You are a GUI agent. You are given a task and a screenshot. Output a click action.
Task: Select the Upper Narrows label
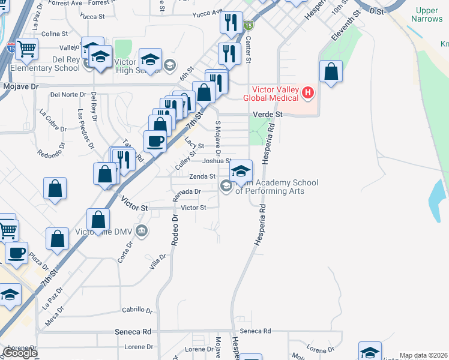427,15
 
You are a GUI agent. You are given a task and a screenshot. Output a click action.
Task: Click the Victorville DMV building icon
141,230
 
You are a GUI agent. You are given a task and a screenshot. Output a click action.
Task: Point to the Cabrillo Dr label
137,310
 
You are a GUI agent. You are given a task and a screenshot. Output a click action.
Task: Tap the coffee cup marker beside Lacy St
155,142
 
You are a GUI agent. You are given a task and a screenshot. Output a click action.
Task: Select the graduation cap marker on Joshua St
241,170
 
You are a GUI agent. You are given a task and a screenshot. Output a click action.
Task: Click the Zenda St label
202,176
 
